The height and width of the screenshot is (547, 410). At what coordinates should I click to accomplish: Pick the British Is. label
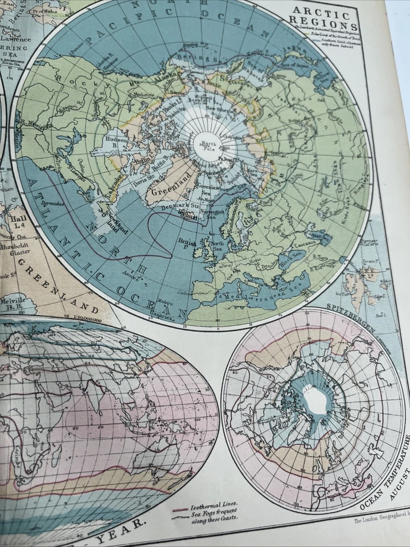188,242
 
